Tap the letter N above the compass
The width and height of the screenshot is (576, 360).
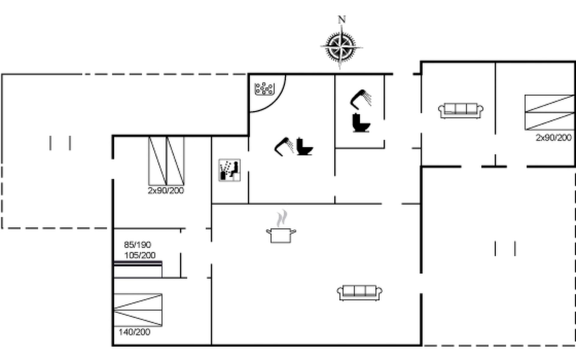pyautogui.click(x=342, y=19)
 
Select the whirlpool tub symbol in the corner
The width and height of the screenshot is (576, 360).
pyautogui.click(x=264, y=89)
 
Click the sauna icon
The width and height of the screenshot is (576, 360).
pyautogui.click(x=229, y=170)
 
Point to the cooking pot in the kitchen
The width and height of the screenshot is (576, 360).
pyautogui.click(x=281, y=235)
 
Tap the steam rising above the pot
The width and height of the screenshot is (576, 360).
pyautogui.click(x=282, y=218)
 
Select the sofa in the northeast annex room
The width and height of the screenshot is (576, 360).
pyautogui.click(x=461, y=110)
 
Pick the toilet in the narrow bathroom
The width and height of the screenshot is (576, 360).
pyautogui.click(x=361, y=123)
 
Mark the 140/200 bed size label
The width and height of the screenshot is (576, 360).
pyautogui.click(x=134, y=332)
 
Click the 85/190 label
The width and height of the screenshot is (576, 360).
pyautogui.click(x=137, y=245)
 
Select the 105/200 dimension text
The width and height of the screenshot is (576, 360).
pyautogui.click(x=140, y=255)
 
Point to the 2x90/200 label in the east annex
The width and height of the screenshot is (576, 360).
pyautogui.click(x=553, y=138)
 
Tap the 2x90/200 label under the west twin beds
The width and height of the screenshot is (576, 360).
pyautogui.click(x=166, y=190)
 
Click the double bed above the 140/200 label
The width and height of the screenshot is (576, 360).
pyautogui.click(x=138, y=310)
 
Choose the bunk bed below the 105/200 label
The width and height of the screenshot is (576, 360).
pyautogui.click(x=138, y=269)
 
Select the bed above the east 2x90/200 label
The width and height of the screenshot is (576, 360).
pyautogui.click(x=550, y=112)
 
